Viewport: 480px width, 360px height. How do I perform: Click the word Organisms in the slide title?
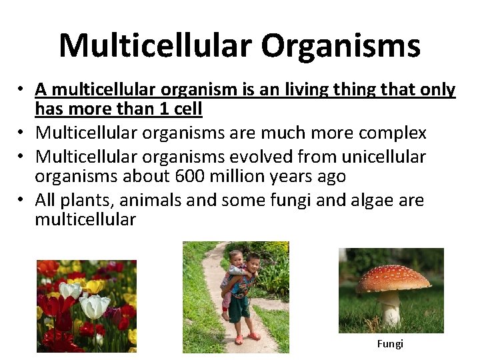pos(340,45)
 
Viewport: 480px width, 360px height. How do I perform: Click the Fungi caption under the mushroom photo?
pos(390,344)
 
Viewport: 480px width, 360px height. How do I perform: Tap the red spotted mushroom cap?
pos(392,279)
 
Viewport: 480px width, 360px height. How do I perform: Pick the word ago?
pos(330,176)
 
